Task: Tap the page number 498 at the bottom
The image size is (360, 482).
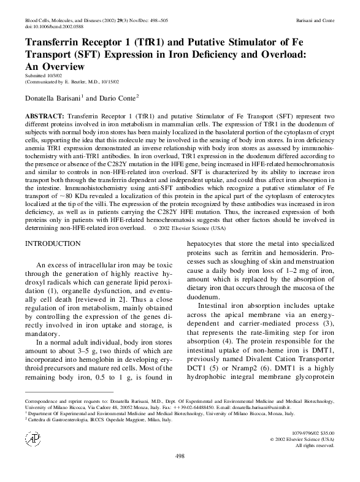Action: coord(180,473)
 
